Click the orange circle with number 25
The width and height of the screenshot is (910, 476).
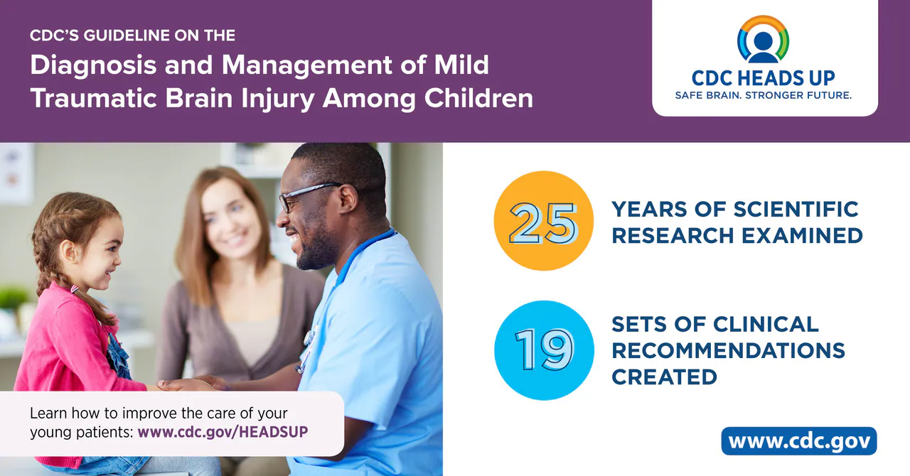pos(544,221)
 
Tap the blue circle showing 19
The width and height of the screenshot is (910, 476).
pos(544,350)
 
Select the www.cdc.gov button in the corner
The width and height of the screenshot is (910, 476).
pos(799,441)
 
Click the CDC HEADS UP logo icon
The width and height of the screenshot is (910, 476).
pos(764,39)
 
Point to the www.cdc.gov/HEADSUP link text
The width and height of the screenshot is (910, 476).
pos(223,432)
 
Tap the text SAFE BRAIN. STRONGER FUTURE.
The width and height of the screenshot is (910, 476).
pos(764,94)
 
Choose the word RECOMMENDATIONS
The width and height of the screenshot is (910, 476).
pos(728,350)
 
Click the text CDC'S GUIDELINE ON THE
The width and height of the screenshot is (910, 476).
pos(132,35)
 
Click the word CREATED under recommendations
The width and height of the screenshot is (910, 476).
pos(664,377)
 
